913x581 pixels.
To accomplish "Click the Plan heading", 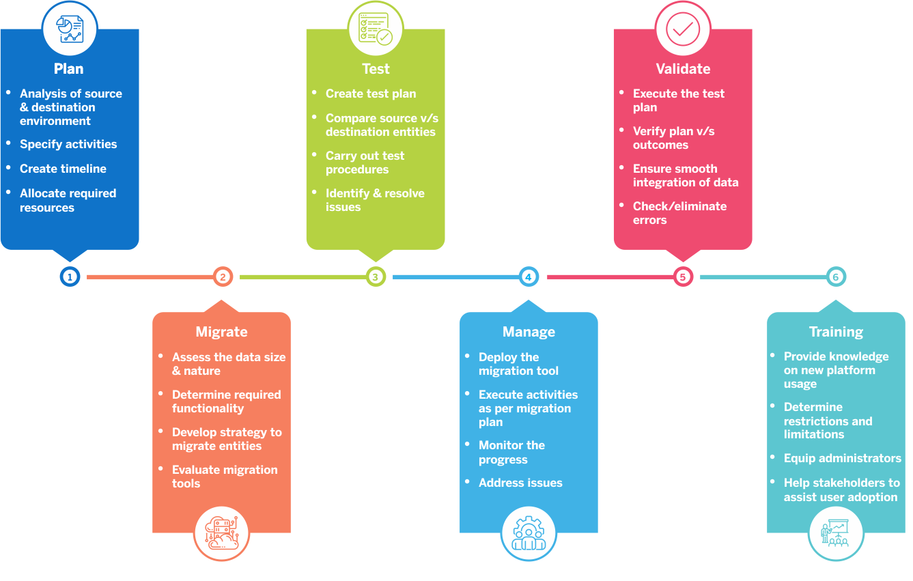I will coord(69,69).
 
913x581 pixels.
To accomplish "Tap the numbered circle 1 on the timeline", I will coord(70,277).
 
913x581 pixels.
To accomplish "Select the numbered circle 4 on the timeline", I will coord(529,277).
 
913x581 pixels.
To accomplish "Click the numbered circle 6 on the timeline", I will coord(836,277).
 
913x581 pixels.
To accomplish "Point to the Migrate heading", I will coord(222,332).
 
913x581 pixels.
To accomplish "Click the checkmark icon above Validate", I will coord(683,29).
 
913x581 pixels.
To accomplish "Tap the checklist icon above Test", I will coord(376,29).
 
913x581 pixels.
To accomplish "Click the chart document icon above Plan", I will coord(70,29).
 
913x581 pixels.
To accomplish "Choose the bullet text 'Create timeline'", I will coord(63,169).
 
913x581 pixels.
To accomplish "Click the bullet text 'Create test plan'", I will coord(370,94).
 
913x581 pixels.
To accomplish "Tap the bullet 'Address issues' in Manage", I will coord(520,483).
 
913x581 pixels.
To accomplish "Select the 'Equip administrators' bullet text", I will coord(842,458).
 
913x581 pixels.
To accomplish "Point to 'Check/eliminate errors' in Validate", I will coord(679,213).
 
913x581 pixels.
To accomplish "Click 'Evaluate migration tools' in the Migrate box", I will coord(225,477).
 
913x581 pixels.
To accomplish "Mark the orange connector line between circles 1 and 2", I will coord(146,277).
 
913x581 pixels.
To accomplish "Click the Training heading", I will coord(836,332).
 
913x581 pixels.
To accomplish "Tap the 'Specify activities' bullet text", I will coord(68,144).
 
